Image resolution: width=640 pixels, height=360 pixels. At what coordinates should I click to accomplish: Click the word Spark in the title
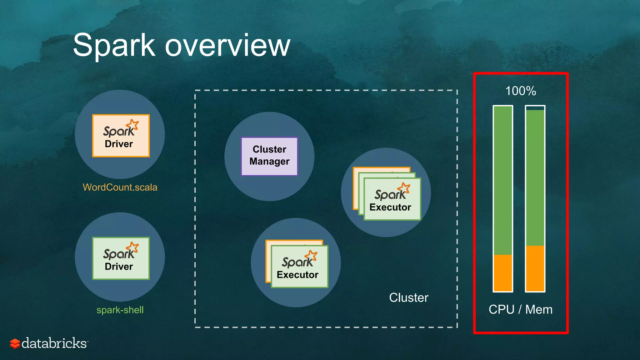tap(114, 46)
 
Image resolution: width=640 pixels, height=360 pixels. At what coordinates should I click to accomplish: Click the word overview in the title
tap(227, 46)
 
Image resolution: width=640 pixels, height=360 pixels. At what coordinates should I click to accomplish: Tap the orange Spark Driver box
tap(121, 136)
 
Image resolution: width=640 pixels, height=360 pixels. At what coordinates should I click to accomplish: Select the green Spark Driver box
tap(121, 258)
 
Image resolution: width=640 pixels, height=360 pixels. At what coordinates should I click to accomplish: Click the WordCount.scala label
tap(120, 187)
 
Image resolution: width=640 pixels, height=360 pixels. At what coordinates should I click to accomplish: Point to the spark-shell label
tap(120, 310)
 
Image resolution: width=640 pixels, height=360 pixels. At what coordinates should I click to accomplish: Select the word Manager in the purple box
tap(269, 162)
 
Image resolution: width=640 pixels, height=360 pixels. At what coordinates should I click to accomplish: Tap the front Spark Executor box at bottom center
tap(299, 267)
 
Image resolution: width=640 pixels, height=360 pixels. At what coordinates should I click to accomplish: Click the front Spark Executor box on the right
tap(392, 199)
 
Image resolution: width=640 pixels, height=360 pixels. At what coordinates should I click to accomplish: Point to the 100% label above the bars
tap(521, 91)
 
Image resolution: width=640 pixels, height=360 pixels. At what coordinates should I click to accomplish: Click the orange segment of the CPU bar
tap(503, 272)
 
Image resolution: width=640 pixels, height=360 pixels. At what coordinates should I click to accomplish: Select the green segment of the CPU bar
tap(503, 180)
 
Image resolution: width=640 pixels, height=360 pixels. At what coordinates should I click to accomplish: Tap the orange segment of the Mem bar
tap(535, 268)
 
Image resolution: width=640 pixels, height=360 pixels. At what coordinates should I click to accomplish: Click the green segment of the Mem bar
tap(535, 177)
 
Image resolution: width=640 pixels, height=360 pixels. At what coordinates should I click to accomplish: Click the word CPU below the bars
tap(501, 310)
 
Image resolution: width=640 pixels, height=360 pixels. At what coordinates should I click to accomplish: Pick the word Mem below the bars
tap(539, 310)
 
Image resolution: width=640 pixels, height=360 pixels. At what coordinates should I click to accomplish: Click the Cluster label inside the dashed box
tap(408, 297)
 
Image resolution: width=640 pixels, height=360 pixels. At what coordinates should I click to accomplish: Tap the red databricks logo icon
tap(15, 343)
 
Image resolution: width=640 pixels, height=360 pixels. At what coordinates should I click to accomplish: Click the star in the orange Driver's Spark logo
tap(134, 124)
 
